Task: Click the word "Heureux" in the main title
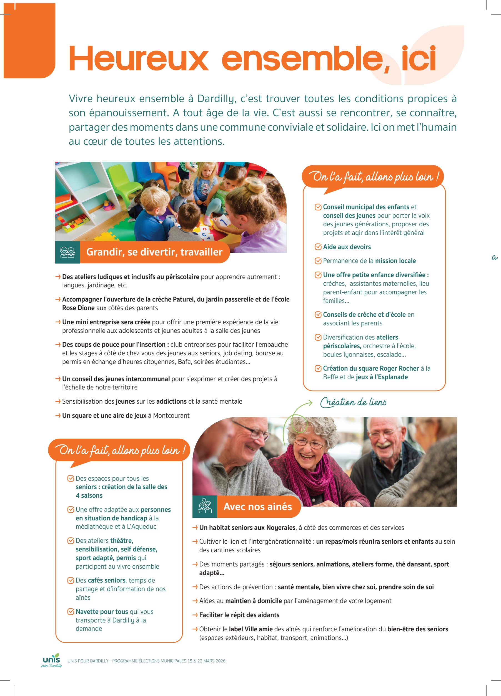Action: click(139, 58)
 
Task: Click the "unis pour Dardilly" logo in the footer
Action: click(52, 660)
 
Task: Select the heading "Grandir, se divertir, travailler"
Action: click(154, 252)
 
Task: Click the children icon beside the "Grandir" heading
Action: click(67, 252)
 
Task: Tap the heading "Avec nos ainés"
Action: click(257, 506)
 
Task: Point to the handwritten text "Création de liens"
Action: click(353, 402)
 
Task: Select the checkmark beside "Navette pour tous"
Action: click(71, 612)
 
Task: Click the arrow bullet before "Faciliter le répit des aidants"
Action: click(195, 615)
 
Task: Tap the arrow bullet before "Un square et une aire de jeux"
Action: click(58, 416)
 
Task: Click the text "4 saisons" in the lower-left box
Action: click(89, 496)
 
